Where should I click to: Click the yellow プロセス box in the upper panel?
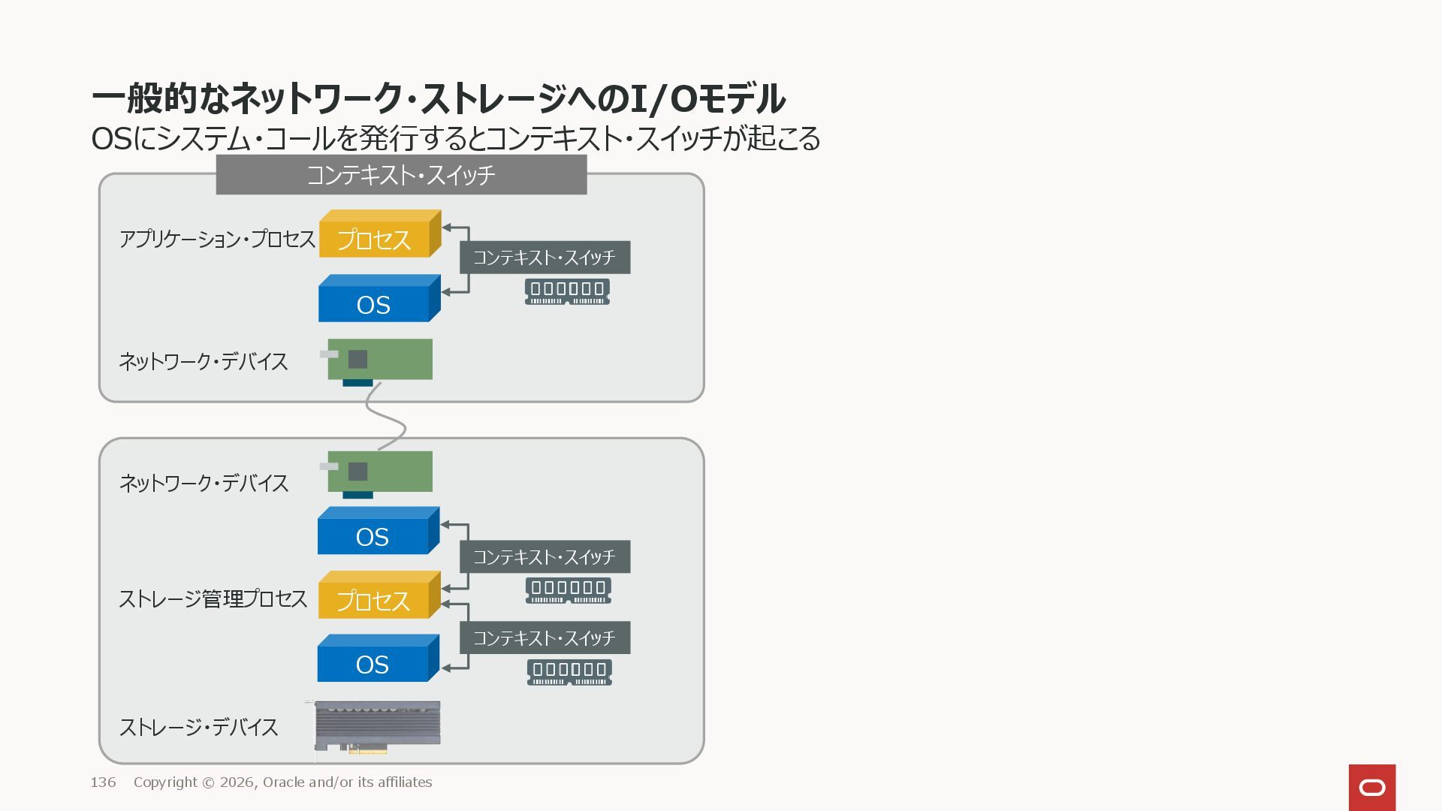tap(375, 239)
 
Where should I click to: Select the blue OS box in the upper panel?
tap(374, 303)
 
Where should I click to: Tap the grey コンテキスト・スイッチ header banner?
tap(401, 175)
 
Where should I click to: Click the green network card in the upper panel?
tap(380, 360)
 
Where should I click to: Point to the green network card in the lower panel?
tap(380, 472)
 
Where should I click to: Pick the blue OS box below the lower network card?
tap(373, 535)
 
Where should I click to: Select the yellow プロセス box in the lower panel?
tap(374, 600)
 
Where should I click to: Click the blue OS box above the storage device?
tap(373, 663)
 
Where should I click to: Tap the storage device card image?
tap(377, 725)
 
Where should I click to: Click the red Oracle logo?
tap(1371, 787)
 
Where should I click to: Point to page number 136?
tap(103, 782)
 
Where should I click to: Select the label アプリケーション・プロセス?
tap(217, 239)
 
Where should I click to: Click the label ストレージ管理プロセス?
tap(213, 599)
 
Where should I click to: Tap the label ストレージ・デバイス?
tap(199, 727)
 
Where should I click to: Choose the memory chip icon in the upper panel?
tap(567, 291)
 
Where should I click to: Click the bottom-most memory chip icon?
tap(569, 672)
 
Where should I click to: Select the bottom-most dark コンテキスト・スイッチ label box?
tap(545, 638)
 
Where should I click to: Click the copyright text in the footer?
tap(283, 782)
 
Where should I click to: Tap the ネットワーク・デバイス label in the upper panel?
tap(204, 361)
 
